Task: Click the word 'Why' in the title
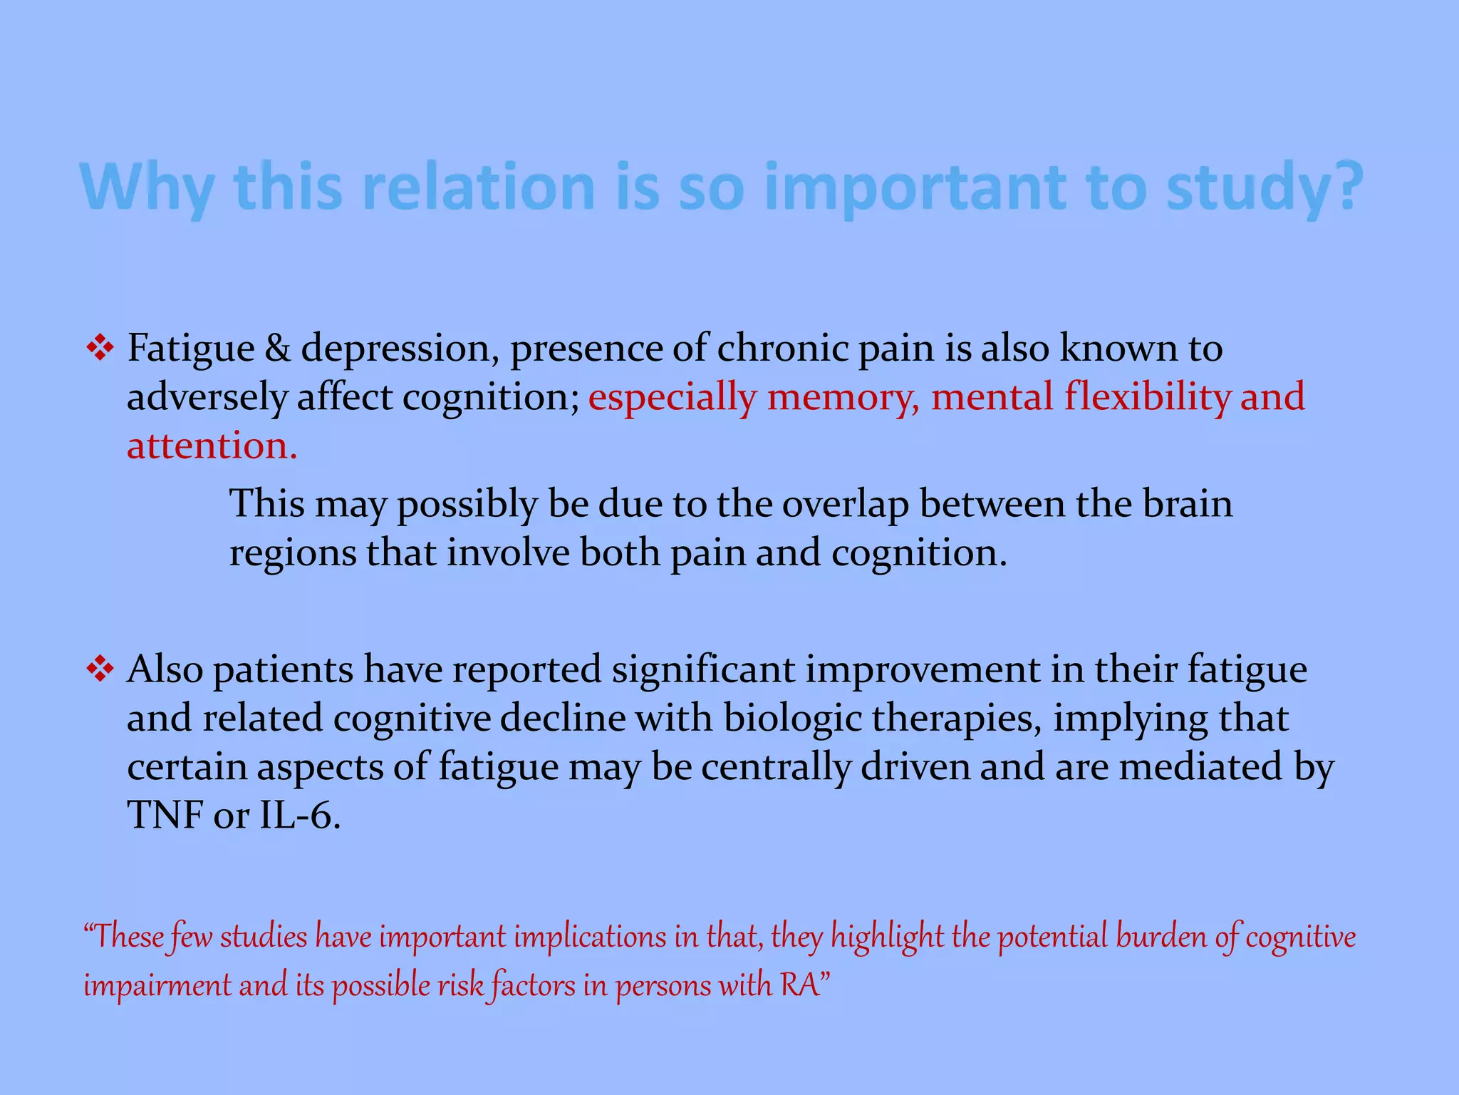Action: tap(147, 187)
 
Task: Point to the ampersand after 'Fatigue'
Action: tap(277, 349)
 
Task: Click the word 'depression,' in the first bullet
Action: tap(399, 349)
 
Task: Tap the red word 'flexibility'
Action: tap(1147, 397)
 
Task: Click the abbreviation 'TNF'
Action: tap(165, 815)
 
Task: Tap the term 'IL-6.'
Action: tap(300, 815)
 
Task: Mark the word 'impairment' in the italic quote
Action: tap(157, 985)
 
